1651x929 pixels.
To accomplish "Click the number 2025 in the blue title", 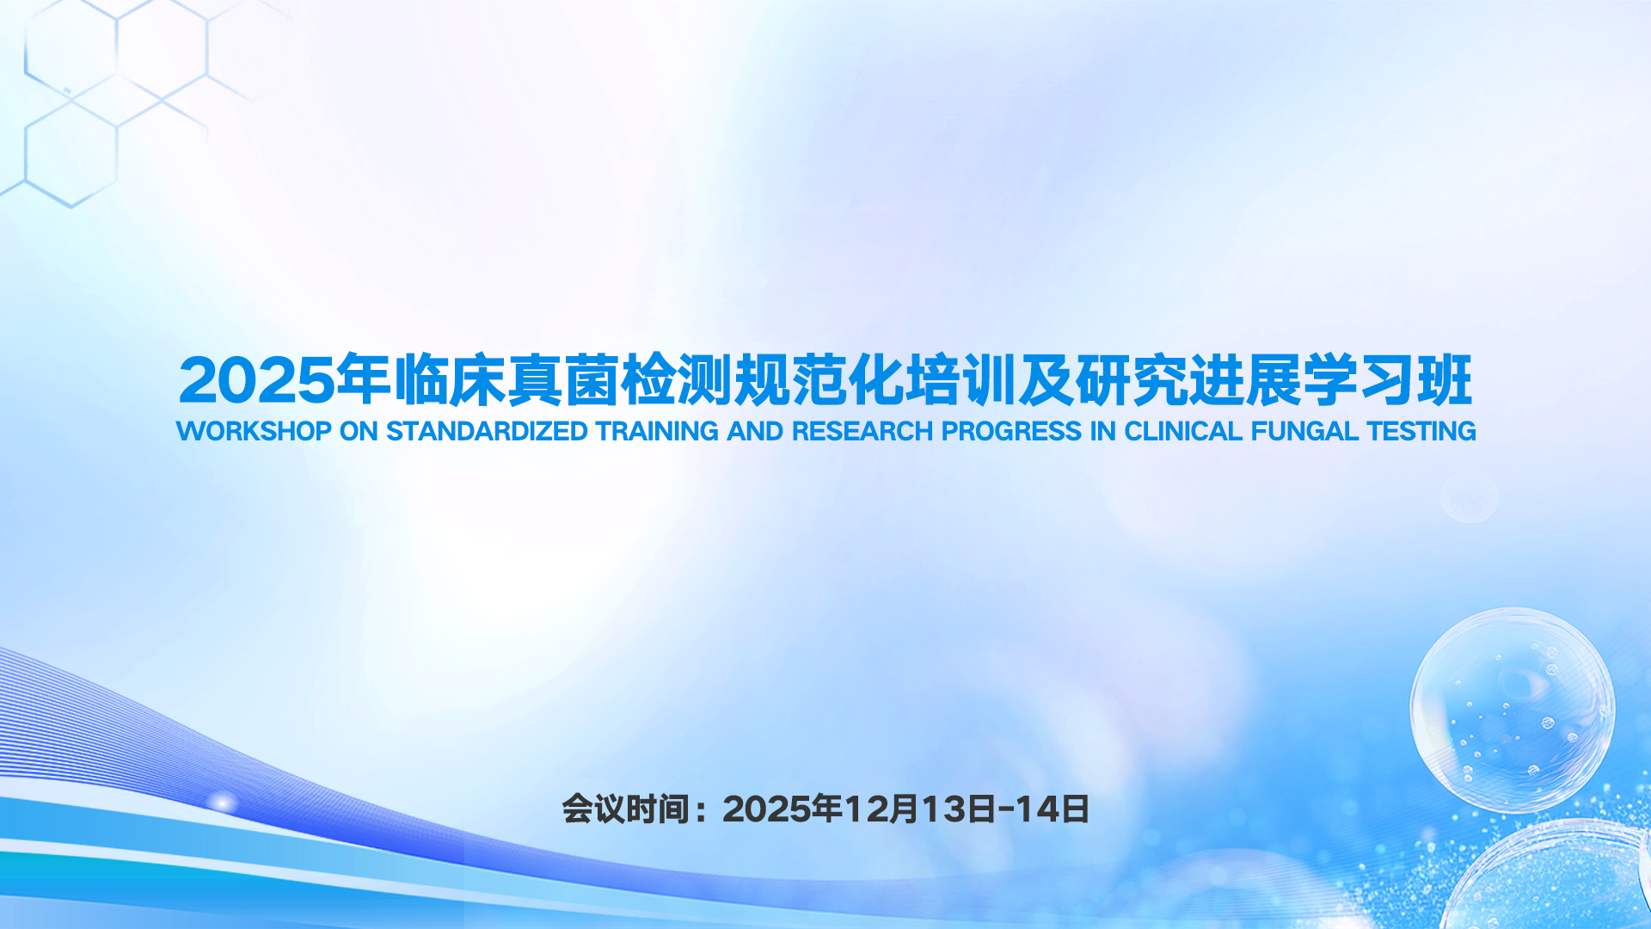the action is click(x=256, y=380).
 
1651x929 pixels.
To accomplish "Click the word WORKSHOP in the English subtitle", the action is click(x=254, y=431).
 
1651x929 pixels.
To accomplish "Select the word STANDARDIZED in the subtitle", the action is click(x=487, y=431).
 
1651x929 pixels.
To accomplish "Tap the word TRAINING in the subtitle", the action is click(x=657, y=431).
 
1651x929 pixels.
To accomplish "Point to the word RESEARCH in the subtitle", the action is click(x=862, y=431).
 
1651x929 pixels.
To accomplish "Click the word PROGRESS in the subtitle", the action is click(x=1011, y=431).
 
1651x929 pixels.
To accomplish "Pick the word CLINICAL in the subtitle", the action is click(x=1183, y=431).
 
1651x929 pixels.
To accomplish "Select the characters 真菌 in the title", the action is click(x=563, y=379).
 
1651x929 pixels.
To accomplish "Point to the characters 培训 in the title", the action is click(x=961, y=379).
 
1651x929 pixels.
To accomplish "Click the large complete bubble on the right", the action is click(x=1513, y=710).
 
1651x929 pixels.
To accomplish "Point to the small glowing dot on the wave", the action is click(x=224, y=803).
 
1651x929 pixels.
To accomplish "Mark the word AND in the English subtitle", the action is click(x=755, y=431).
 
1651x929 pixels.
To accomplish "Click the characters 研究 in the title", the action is click(x=1132, y=379).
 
